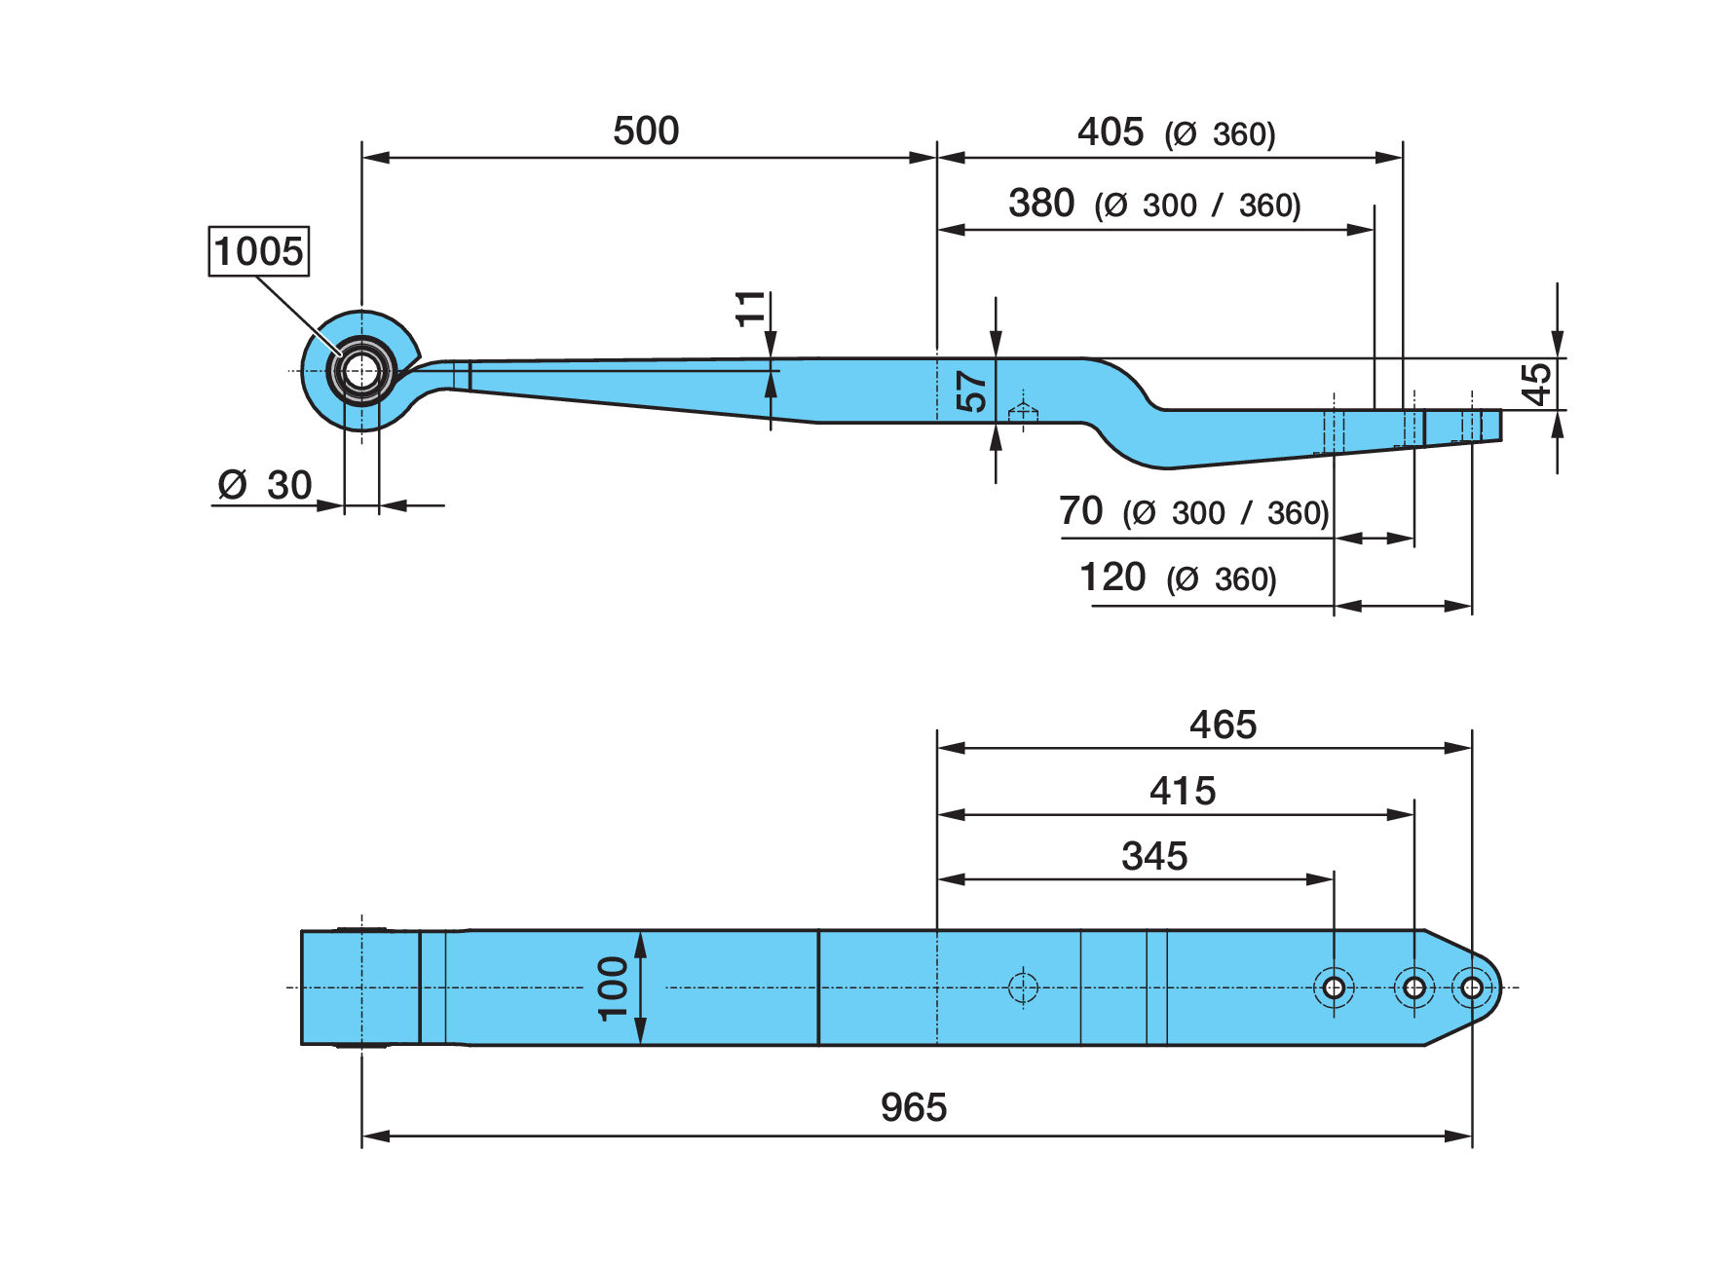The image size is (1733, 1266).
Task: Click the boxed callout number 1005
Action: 259,251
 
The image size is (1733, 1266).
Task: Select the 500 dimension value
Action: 646,130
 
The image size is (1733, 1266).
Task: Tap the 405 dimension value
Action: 1111,131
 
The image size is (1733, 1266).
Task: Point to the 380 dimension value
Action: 1041,203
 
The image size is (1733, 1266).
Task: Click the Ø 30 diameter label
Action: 265,484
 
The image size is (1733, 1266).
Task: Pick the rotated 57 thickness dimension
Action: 971,391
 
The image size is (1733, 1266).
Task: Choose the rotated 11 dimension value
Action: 750,309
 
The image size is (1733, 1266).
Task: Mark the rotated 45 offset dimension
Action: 1536,384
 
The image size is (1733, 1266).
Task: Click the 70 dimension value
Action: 1080,509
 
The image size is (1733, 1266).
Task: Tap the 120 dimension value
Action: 1112,577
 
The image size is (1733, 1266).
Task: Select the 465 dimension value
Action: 1224,725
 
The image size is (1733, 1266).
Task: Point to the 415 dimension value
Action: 1183,791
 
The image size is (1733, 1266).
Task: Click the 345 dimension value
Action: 1154,856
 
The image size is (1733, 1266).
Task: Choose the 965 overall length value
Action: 914,1107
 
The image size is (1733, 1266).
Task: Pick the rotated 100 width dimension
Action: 614,987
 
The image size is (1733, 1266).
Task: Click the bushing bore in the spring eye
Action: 361,371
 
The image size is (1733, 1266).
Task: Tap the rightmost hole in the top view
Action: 1472,987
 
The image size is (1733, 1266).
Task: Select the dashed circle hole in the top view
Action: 1023,987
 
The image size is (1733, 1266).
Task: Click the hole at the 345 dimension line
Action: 1334,987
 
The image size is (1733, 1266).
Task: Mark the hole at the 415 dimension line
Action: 1414,987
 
